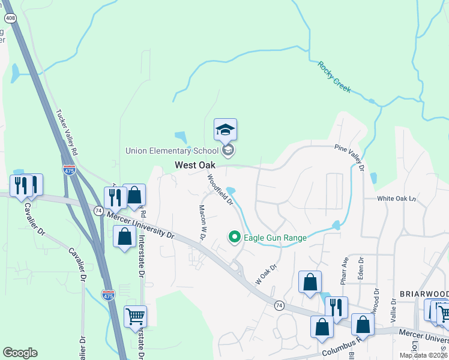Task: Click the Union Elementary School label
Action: pyautogui.click(x=172, y=150)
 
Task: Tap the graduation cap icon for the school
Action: pyautogui.click(x=226, y=130)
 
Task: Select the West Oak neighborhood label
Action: pyautogui.click(x=195, y=165)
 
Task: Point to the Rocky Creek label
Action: pyautogui.click(x=334, y=77)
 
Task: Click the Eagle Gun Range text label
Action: pyautogui.click(x=275, y=238)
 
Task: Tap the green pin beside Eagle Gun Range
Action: pyautogui.click(x=235, y=238)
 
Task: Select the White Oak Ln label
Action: pyautogui.click(x=396, y=199)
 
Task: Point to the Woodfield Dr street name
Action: pyautogui.click(x=220, y=190)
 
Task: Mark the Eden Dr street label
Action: pyautogui.click(x=361, y=268)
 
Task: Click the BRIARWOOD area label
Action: pyautogui.click(x=424, y=294)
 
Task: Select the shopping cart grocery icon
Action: pyautogui.click(x=135, y=316)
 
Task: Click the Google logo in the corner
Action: pyautogui.click(x=20, y=353)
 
